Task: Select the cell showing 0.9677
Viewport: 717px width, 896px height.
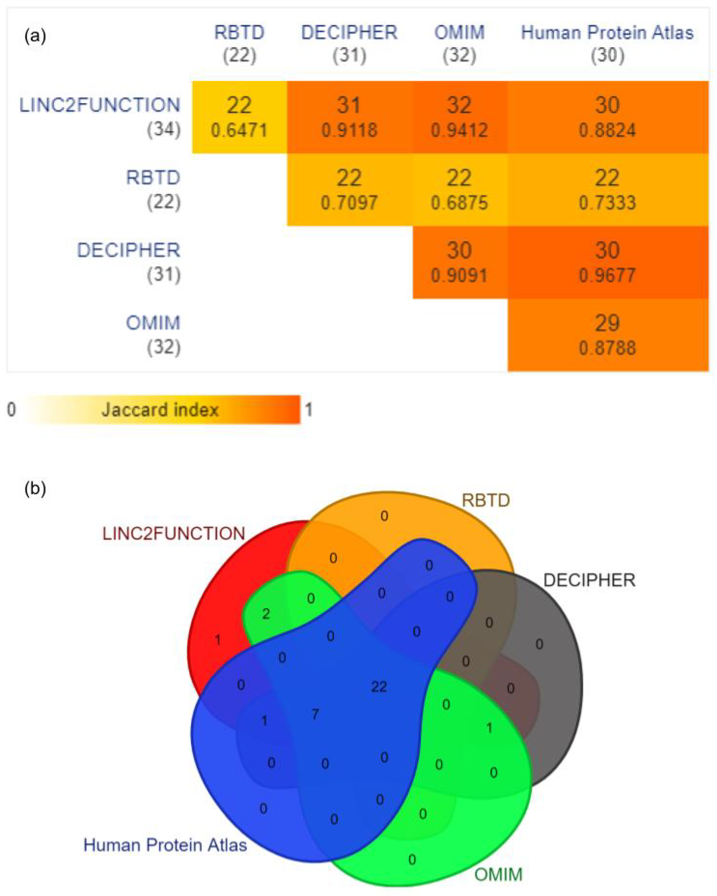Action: tap(607, 263)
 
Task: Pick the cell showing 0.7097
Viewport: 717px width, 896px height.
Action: tap(349, 190)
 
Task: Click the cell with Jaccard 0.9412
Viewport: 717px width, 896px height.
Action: tap(459, 118)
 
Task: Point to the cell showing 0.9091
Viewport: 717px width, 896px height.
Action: tap(459, 263)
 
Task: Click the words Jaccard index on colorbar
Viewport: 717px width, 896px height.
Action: tap(160, 410)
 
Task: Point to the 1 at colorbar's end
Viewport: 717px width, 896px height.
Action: tap(308, 410)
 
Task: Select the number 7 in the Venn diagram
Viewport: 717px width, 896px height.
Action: tap(315, 714)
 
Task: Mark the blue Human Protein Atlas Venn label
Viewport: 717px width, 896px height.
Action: tap(165, 845)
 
